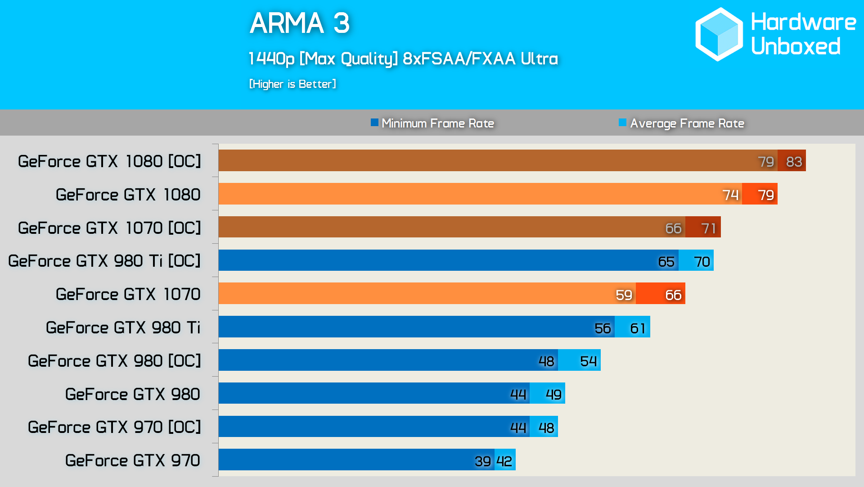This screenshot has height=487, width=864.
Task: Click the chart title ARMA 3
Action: tap(299, 23)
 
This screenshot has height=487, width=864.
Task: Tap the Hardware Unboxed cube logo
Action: tap(719, 34)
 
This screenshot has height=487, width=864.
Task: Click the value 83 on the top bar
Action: tap(794, 161)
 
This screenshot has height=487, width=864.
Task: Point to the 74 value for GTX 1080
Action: tap(730, 195)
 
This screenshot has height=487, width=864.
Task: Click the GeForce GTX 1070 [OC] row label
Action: tap(109, 228)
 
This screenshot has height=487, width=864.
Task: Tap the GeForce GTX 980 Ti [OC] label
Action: tap(104, 261)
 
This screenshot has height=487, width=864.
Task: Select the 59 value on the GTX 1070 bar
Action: tap(624, 295)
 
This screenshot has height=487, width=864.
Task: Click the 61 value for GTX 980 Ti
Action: tap(638, 328)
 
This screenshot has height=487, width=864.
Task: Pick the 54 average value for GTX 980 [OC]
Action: tap(588, 361)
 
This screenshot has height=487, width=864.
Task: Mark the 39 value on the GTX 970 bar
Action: tap(482, 461)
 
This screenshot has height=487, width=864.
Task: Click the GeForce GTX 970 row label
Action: tap(133, 460)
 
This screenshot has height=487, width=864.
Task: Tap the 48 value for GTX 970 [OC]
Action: tap(546, 428)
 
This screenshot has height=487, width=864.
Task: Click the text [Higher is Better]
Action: tap(292, 84)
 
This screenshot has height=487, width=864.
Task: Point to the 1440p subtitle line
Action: tap(403, 59)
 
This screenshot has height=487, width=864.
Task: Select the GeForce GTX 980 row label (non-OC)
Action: tap(133, 394)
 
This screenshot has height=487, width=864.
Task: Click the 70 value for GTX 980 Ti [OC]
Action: tap(702, 261)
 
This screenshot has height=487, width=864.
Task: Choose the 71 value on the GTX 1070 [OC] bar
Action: tap(708, 228)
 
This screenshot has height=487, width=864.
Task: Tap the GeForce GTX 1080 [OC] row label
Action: tap(109, 161)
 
